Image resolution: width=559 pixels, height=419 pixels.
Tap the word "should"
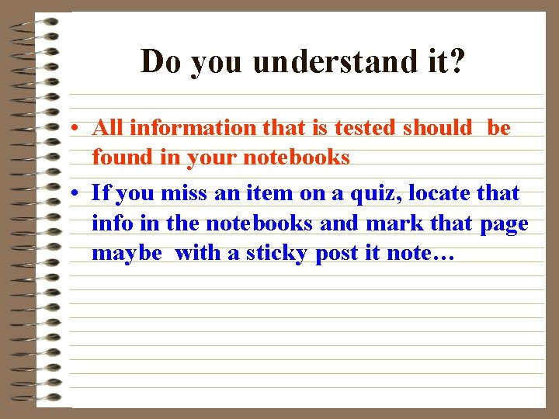tap(437, 127)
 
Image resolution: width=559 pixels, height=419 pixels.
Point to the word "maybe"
tap(127, 254)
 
